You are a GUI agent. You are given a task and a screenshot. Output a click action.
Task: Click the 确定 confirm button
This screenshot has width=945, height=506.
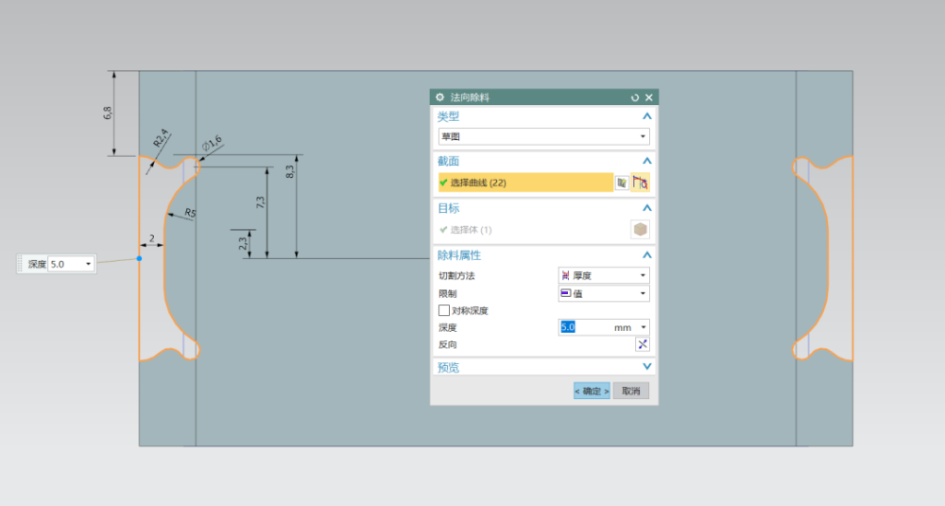click(592, 391)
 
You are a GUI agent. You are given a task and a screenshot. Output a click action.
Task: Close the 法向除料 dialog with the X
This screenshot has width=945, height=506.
click(649, 97)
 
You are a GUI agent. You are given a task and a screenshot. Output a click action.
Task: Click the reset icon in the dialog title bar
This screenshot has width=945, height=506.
click(635, 97)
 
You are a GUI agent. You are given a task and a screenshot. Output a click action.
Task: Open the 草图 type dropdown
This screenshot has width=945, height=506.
click(543, 136)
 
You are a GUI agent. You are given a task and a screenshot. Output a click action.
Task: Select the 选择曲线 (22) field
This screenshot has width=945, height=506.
click(526, 183)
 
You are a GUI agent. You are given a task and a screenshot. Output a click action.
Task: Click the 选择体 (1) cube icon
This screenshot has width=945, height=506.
click(640, 229)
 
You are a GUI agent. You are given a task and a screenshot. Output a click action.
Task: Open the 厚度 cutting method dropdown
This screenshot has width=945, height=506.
click(603, 275)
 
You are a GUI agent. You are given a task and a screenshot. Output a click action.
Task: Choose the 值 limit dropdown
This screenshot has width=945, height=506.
click(603, 294)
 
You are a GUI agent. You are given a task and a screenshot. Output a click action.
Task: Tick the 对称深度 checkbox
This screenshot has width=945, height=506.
click(444, 310)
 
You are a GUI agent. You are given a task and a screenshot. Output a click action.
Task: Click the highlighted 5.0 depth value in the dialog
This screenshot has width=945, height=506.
click(568, 327)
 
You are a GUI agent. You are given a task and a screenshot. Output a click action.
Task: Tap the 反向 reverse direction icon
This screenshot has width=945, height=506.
click(643, 344)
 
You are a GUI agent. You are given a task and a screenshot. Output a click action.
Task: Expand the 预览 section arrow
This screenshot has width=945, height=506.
click(646, 367)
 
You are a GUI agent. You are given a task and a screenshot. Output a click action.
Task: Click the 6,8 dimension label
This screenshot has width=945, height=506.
click(108, 113)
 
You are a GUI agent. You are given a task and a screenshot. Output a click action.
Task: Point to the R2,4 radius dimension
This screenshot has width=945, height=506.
click(161, 139)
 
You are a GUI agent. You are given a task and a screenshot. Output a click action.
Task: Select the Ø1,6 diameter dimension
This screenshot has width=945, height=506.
click(212, 144)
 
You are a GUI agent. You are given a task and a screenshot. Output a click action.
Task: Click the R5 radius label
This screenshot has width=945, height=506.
click(190, 213)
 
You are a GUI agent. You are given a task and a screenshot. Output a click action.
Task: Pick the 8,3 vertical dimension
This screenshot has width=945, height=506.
click(290, 172)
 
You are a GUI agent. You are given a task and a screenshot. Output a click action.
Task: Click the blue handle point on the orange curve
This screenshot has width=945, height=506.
click(139, 258)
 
